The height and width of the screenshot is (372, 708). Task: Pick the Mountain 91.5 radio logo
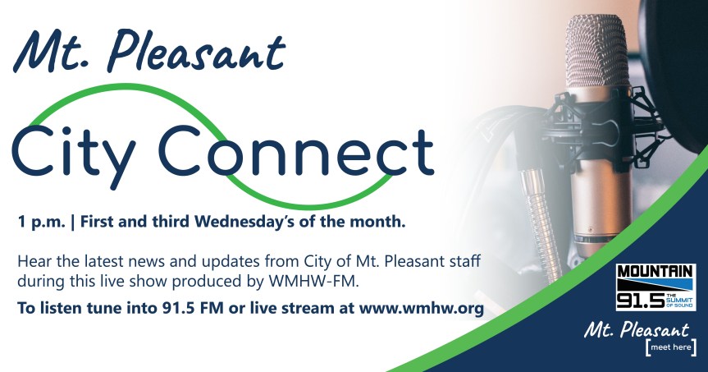pos(655,287)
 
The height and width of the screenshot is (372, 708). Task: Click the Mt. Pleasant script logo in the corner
pos(636,330)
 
